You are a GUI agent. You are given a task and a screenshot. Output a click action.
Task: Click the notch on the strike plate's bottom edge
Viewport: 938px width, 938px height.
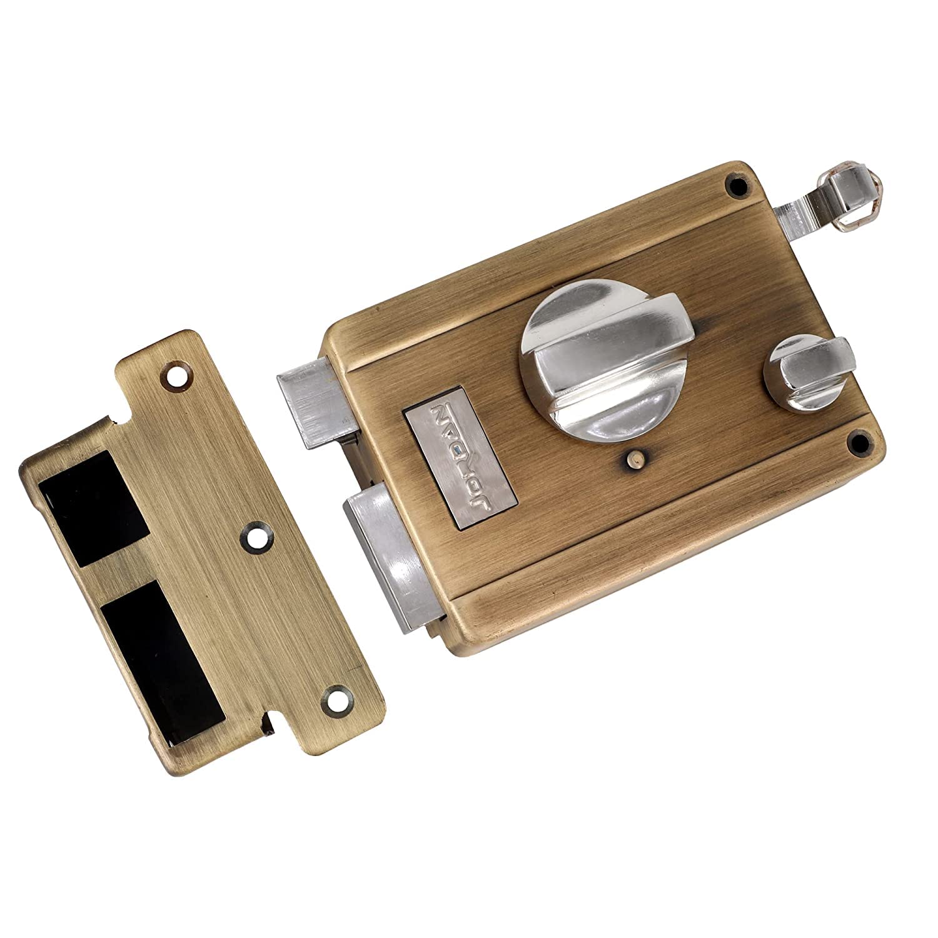269,729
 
